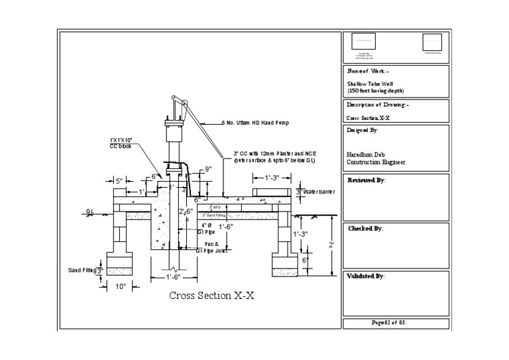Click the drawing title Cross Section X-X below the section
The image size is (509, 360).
(211, 296)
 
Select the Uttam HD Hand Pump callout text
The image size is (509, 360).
(257, 123)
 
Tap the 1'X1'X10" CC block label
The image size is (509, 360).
(121, 143)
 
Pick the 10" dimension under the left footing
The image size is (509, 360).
(121, 286)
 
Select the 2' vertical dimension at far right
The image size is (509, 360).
(331, 245)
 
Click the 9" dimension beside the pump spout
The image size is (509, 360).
(207, 169)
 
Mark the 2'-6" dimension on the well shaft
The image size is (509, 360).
(186, 211)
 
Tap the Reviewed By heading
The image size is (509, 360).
(366, 180)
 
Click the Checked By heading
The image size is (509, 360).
(365, 228)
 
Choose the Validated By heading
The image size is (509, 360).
(366, 276)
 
